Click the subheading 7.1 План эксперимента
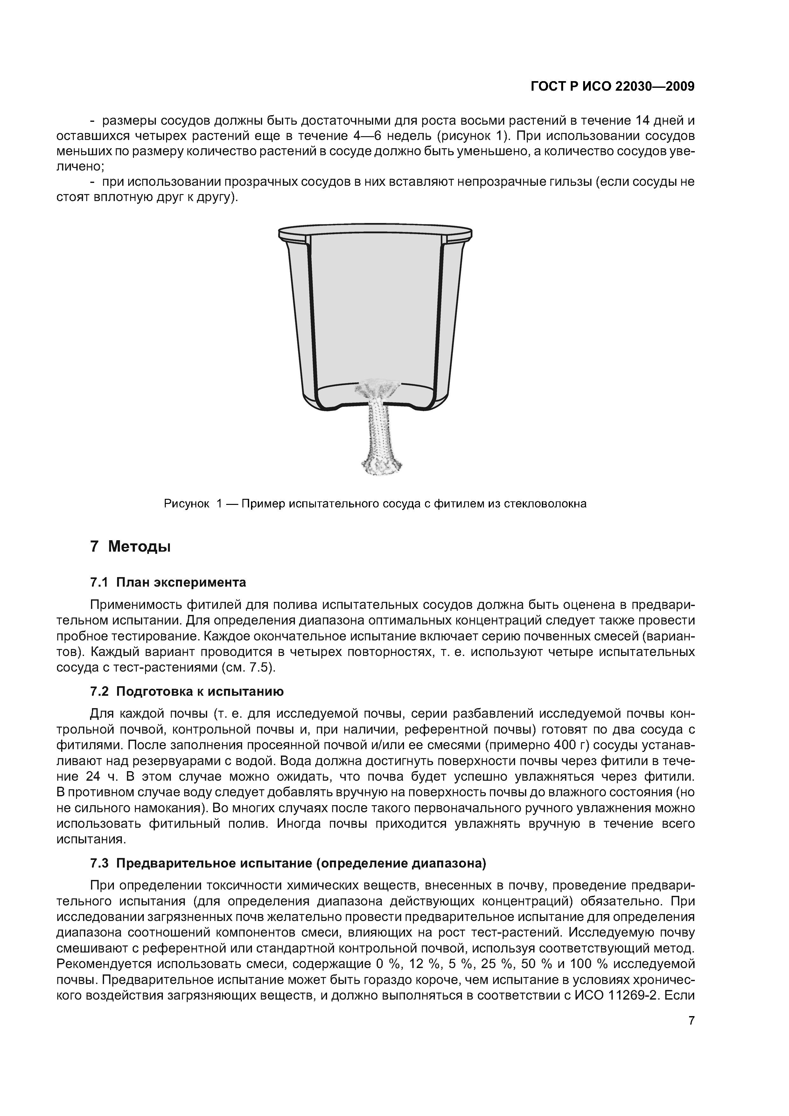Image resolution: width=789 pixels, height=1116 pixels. [168, 582]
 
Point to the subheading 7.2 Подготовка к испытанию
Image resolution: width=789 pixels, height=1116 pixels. [187, 691]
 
